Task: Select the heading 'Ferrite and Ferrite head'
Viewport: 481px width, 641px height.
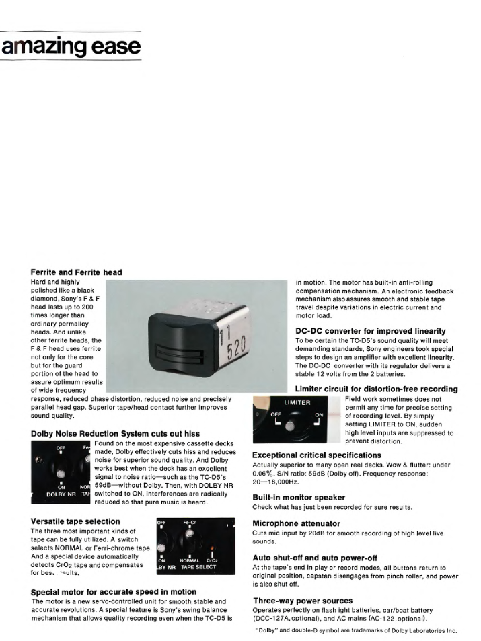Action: tap(76, 272)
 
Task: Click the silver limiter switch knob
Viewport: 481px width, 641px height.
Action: tap(290, 425)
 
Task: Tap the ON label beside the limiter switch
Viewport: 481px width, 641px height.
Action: tap(320, 414)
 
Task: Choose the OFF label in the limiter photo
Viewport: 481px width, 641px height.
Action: tap(276, 414)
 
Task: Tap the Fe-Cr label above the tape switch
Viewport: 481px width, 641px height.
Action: tap(190, 522)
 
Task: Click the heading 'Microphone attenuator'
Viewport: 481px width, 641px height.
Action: tap(296, 523)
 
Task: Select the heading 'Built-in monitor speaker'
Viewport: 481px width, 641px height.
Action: tap(298, 497)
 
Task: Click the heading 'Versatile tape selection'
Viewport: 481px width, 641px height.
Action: tap(75, 521)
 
